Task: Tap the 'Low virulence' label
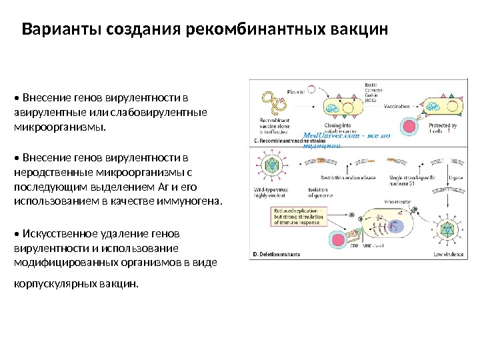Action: [447, 254]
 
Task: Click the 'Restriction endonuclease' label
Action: [348, 178]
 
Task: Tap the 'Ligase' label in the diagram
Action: [455, 178]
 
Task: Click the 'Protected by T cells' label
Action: [442, 128]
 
